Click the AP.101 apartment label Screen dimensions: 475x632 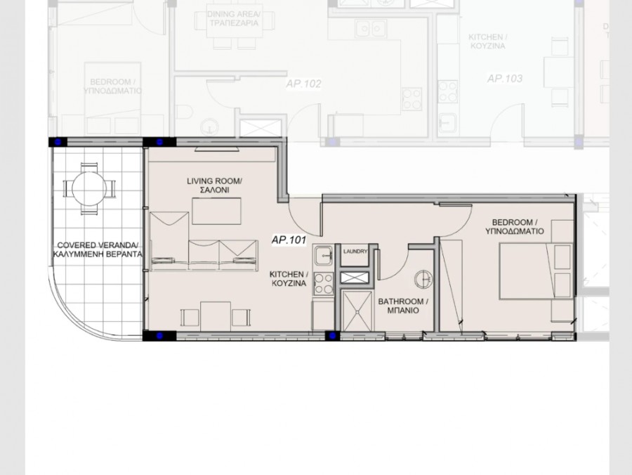289,240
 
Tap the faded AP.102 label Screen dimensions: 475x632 303,84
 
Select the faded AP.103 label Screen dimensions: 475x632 505,79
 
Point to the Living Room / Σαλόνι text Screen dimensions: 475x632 214,186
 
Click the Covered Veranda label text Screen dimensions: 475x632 98,250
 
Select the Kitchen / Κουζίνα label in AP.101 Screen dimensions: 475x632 289,279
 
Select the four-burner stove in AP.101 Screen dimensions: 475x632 323,282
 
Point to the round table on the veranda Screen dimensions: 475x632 89,188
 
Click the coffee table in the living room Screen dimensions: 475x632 216,211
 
